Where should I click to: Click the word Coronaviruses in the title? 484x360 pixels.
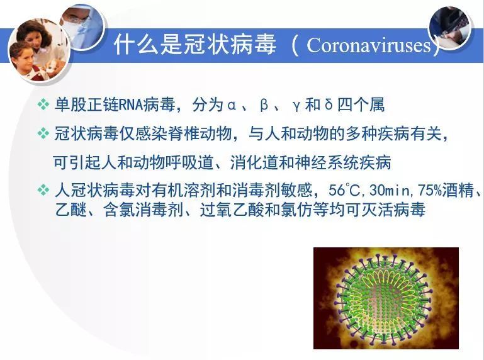(369, 46)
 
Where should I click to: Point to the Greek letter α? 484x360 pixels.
(232, 105)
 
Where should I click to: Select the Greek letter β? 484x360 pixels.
(264, 105)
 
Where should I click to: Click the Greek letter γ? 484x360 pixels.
(296, 106)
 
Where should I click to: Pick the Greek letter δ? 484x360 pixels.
(329, 104)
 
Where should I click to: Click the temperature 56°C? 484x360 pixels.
(344, 190)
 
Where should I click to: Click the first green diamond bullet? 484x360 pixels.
(43, 104)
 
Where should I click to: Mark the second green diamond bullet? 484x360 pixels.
(43, 133)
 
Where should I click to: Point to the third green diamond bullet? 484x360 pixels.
(43, 189)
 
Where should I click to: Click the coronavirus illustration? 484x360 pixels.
(386, 298)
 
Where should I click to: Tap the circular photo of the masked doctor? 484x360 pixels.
(82, 26)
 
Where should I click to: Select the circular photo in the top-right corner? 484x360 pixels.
(450, 28)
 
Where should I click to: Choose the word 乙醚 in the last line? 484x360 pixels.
(71, 210)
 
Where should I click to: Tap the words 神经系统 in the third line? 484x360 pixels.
(327, 162)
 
